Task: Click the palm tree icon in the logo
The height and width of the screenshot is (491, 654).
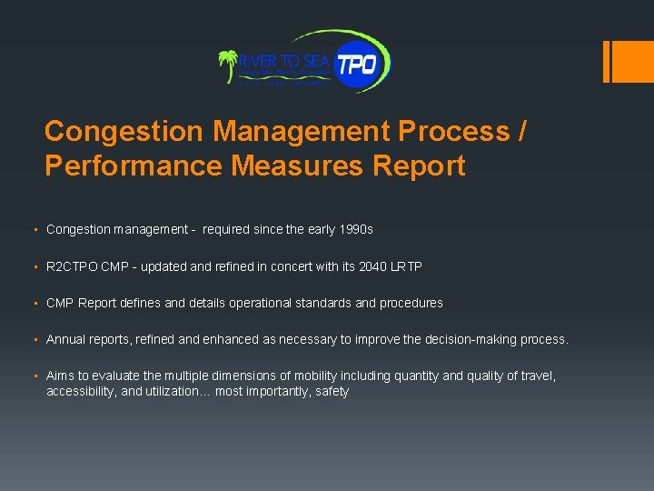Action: coord(228,66)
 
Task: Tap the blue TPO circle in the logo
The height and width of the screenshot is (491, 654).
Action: coord(361,65)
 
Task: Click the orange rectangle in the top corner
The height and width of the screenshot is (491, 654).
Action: coord(628,61)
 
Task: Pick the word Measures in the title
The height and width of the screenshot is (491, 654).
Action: coord(300,166)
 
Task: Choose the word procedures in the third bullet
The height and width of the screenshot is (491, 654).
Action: coord(408,303)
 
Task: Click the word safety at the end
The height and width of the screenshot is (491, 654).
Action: coord(332,391)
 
